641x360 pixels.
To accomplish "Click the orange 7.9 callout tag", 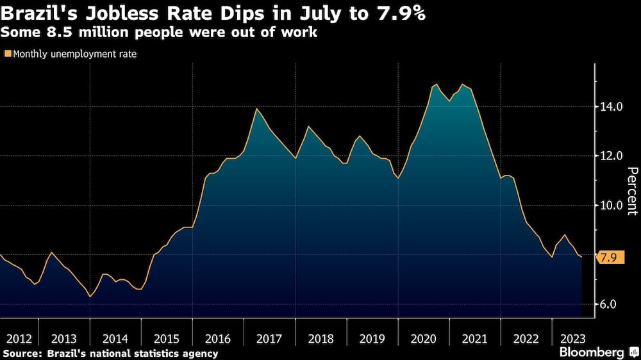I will tap(608, 258).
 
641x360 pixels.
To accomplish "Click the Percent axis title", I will tap(632, 190).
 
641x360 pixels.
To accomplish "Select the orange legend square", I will tap(8, 54).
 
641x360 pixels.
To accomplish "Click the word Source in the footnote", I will tap(20, 354).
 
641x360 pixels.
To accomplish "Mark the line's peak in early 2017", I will tap(257, 109).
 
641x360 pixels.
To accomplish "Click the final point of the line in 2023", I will tap(581, 257).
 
